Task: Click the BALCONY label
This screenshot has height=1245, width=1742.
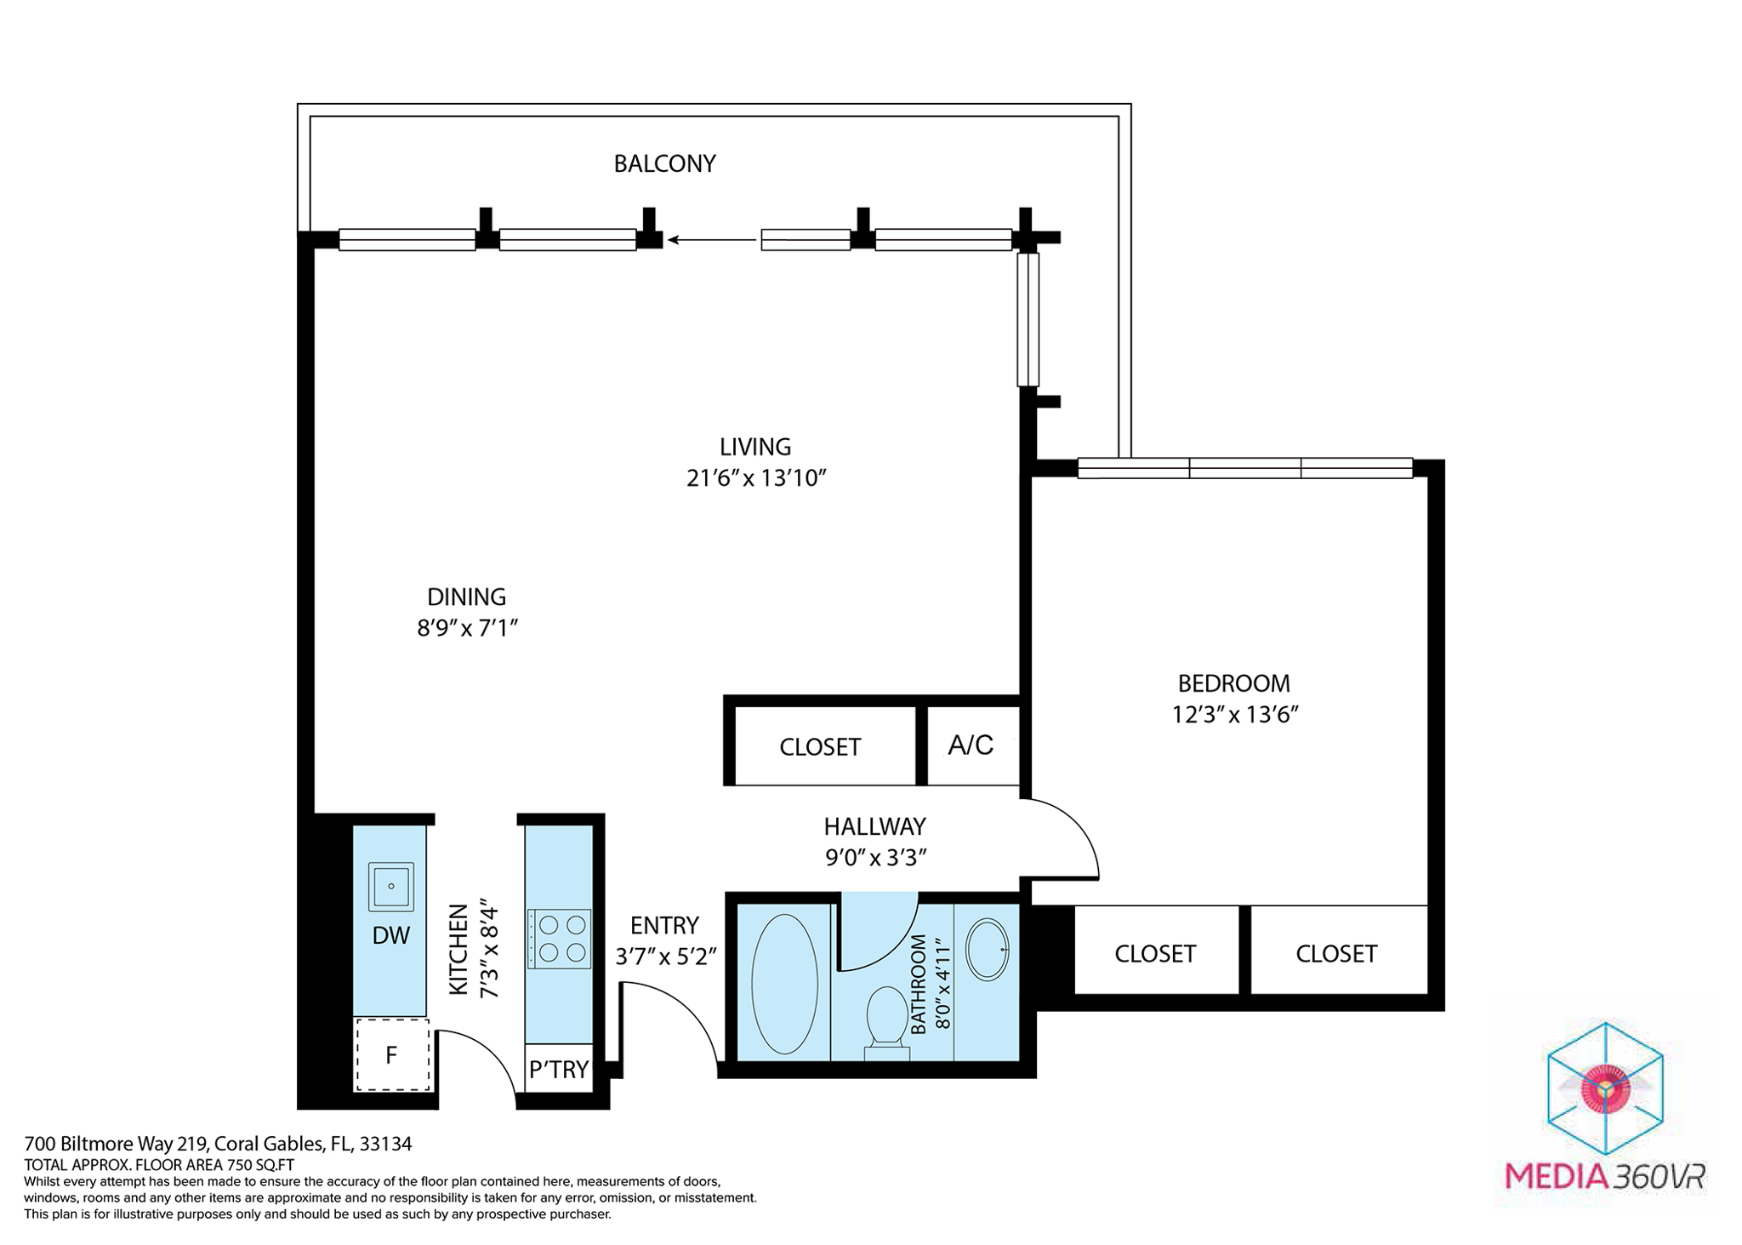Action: click(x=664, y=163)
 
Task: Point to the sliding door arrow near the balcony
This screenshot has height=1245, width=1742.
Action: click(x=711, y=240)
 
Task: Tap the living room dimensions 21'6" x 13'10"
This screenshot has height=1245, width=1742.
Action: click(x=756, y=478)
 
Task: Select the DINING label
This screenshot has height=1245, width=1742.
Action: click(x=466, y=597)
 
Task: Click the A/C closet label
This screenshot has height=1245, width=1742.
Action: click(x=971, y=745)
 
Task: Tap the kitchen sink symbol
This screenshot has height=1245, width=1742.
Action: click(x=390, y=887)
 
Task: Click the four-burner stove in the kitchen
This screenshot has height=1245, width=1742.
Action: click(x=559, y=939)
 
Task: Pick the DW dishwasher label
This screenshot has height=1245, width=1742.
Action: click(x=390, y=935)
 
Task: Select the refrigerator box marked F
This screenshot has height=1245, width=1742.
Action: click(x=391, y=1055)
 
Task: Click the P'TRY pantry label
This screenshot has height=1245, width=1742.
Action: click(x=559, y=1070)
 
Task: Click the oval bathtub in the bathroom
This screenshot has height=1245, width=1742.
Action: click(x=784, y=985)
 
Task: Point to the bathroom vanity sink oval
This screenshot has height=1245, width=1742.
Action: click(x=987, y=949)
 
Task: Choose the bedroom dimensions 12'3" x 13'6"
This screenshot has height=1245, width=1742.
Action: click(x=1234, y=715)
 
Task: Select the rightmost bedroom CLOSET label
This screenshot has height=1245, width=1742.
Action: click(x=1335, y=954)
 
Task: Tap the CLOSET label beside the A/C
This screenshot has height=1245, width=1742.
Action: click(x=820, y=747)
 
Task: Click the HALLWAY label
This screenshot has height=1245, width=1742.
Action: click(x=874, y=826)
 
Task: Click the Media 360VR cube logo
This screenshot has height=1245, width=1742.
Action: click(x=1604, y=1088)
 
